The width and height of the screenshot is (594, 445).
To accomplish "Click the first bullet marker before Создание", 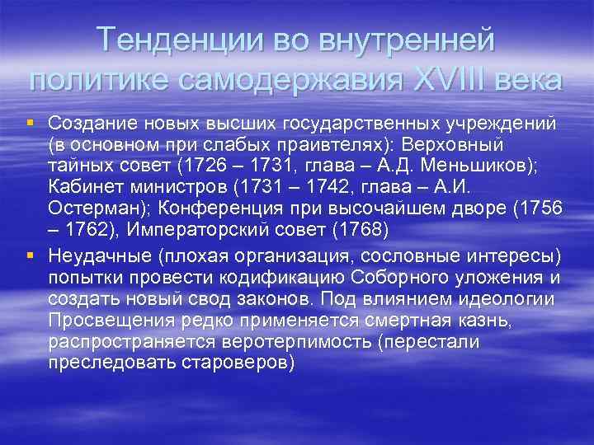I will point(30,123).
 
